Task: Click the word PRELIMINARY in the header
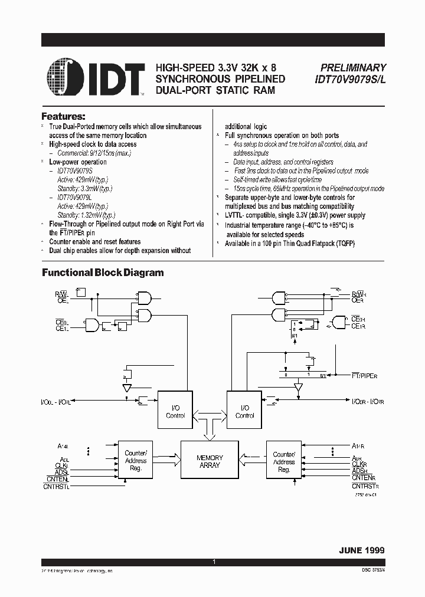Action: click(x=353, y=68)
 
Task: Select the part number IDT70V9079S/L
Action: click(x=349, y=79)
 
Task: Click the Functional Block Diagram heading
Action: click(x=102, y=273)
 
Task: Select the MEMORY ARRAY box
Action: click(x=210, y=461)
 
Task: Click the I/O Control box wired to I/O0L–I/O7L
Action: click(x=175, y=411)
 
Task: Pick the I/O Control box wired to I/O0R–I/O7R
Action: click(x=245, y=411)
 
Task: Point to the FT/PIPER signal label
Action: click(x=365, y=375)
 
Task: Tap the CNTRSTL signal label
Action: click(x=56, y=487)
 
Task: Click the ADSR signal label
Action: click(x=360, y=471)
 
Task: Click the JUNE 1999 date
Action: click(x=361, y=550)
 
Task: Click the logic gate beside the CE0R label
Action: click(x=339, y=322)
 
